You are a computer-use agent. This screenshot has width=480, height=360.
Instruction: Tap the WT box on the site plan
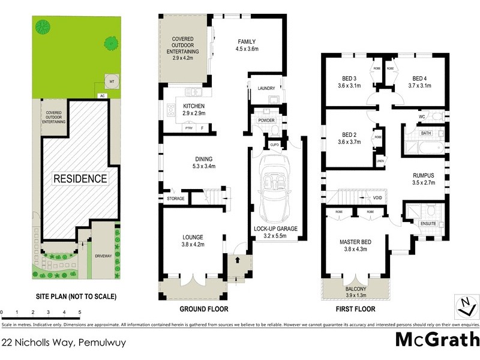pyautogui.click(x=110, y=81)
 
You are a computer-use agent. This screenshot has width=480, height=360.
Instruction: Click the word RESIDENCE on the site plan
pyautogui.click(x=80, y=179)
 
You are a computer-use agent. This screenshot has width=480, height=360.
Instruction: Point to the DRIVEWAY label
pyautogui.click(x=103, y=256)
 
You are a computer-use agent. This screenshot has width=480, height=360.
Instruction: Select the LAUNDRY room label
pyautogui.click(x=266, y=89)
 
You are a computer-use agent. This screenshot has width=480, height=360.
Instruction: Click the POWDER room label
pyautogui.click(x=266, y=120)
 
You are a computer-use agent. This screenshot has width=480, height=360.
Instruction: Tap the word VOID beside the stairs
pyautogui.click(x=378, y=197)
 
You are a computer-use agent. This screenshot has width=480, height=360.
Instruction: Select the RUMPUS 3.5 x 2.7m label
pyautogui.click(x=423, y=179)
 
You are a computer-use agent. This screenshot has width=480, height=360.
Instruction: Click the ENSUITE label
pyautogui.click(x=428, y=224)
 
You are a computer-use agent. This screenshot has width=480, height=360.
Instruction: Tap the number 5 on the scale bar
pyautogui.click(x=80, y=313)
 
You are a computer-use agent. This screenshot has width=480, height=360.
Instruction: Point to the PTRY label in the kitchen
pyautogui.click(x=188, y=128)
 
